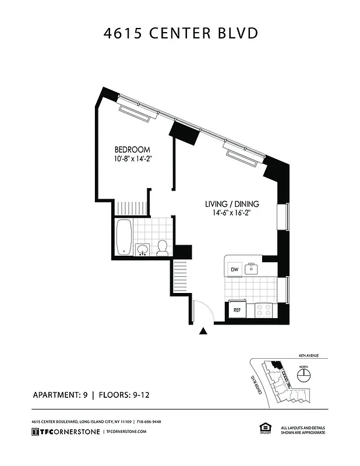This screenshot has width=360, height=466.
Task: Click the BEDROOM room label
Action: click(x=132, y=150)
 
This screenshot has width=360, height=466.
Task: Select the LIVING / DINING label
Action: click(x=232, y=204)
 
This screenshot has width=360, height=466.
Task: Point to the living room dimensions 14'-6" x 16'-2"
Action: click(x=232, y=213)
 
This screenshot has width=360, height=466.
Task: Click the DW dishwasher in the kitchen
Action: click(x=235, y=269)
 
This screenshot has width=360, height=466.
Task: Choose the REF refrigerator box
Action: click(x=237, y=309)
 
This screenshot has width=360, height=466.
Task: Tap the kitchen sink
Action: click(x=252, y=269)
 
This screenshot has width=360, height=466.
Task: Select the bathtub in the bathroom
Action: click(x=123, y=237)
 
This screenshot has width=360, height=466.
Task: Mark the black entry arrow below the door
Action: click(x=203, y=331)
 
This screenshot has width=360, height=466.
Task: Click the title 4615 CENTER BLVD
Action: click(x=180, y=34)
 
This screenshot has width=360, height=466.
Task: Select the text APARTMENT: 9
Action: click(x=59, y=395)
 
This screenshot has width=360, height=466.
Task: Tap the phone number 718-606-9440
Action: click(x=149, y=421)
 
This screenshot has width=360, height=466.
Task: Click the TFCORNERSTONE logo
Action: click(x=65, y=431)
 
